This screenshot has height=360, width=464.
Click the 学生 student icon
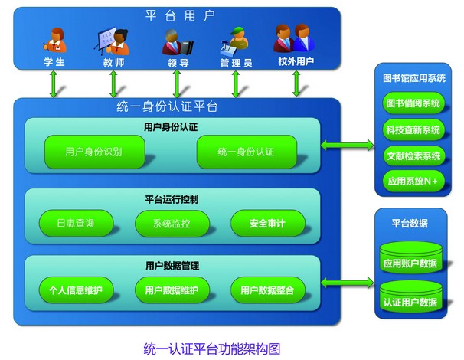(x=54, y=40)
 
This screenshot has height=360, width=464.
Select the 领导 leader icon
(x=178, y=41)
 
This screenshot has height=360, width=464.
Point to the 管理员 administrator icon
(x=235, y=41)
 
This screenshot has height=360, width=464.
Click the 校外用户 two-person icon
(x=294, y=38)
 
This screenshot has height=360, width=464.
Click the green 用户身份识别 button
(x=95, y=152)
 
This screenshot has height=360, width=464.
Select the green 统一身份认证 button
(x=247, y=152)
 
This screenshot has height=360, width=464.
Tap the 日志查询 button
(x=76, y=223)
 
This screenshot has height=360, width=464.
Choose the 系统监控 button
(x=172, y=223)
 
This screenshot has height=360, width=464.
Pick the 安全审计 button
(x=268, y=223)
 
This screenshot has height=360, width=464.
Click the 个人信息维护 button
(x=76, y=290)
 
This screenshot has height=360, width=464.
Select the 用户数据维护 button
(x=172, y=290)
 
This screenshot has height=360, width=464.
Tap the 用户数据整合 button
(x=268, y=290)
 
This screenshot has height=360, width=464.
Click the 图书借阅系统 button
(x=413, y=103)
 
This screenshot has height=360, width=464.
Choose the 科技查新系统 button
(x=413, y=129)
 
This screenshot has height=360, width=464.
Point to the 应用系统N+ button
(x=413, y=181)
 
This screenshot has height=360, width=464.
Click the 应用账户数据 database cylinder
(x=410, y=257)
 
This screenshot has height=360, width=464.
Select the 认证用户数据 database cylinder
(x=410, y=296)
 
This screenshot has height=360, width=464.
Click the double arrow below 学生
(x=54, y=84)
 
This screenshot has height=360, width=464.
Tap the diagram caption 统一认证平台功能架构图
(x=212, y=349)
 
